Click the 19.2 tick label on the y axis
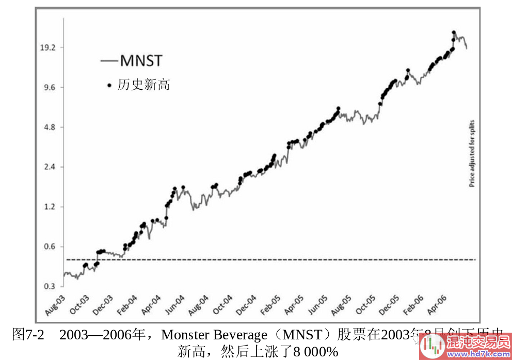(x=47, y=47)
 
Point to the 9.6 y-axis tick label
(x=50, y=87)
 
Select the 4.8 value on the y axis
(x=50, y=127)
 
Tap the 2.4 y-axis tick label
(x=50, y=167)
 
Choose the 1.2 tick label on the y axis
(x=50, y=207)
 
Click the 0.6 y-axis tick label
(x=50, y=247)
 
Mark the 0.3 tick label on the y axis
(x=50, y=286)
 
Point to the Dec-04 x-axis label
(x=247, y=305)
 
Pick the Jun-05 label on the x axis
(x=318, y=305)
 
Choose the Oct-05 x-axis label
(x=365, y=305)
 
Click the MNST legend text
(x=141, y=61)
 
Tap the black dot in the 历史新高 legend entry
(x=109, y=85)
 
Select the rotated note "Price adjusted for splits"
(x=471, y=153)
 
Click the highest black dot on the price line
(x=454, y=32)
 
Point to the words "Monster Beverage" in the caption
(x=214, y=335)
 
